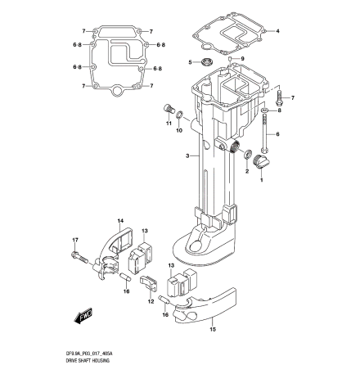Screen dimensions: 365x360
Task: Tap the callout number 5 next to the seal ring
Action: pyautogui.click(x=191, y=61)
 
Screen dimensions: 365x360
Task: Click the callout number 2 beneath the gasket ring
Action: pyautogui.click(x=248, y=173)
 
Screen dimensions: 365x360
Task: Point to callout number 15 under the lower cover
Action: pyautogui.click(x=212, y=329)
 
